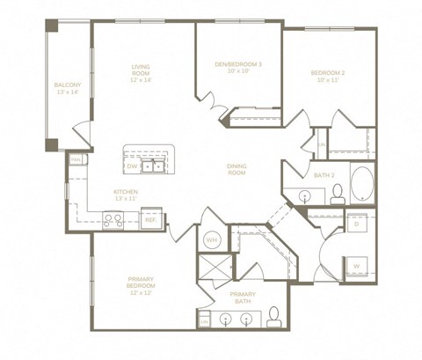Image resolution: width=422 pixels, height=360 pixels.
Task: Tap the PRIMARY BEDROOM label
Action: pyautogui.click(x=141, y=286)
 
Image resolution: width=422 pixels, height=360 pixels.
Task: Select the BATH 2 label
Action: pyautogui.click(x=324, y=175)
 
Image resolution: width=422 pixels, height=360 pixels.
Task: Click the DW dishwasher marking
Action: pyautogui.click(x=132, y=165)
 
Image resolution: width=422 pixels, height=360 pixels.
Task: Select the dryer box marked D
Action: pyautogui.click(x=357, y=224)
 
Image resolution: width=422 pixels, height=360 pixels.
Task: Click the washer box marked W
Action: pyautogui.click(x=356, y=264)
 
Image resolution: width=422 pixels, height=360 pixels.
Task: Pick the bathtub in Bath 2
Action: pyautogui.click(x=360, y=184)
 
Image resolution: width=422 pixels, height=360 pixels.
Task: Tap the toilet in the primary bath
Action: pyautogui.click(x=273, y=316)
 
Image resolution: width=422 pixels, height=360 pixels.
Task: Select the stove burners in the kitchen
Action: pyautogui.click(x=113, y=220)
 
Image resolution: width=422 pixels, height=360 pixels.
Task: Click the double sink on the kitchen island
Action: pyautogui.click(x=155, y=164)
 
